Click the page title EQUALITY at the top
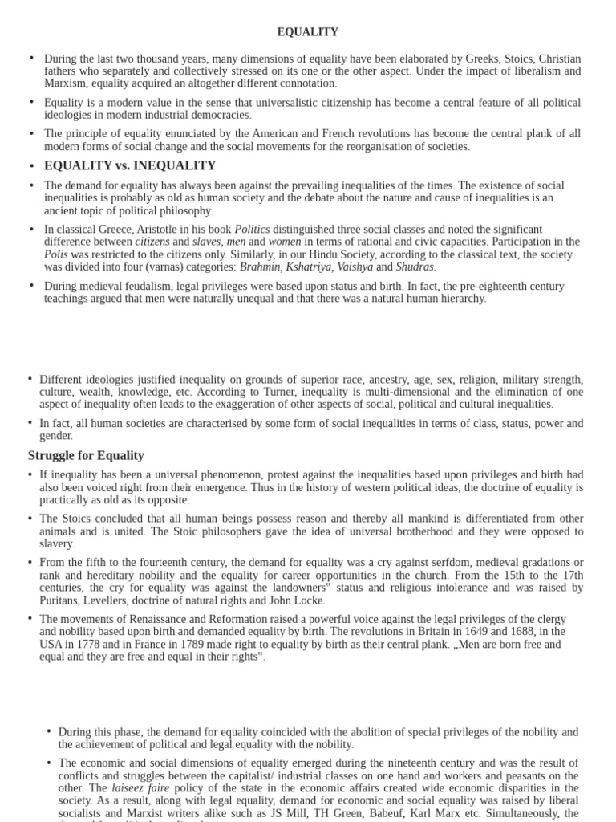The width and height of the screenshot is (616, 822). pos(308,32)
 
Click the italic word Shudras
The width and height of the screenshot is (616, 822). pos(415,267)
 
